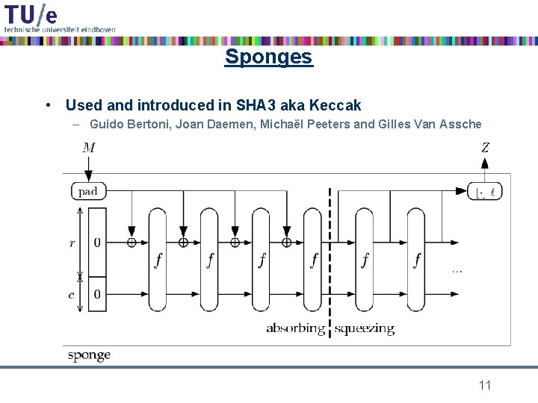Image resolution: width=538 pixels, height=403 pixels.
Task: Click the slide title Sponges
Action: tap(268, 57)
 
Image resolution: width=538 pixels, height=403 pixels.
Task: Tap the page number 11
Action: tap(484, 385)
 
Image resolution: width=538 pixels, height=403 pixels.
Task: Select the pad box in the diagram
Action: tap(88, 191)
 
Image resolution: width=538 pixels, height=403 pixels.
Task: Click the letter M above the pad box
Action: tap(89, 148)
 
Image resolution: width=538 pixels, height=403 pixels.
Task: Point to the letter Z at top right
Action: tap(485, 148)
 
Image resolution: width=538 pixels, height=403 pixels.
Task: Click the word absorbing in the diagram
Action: tap(295, 328)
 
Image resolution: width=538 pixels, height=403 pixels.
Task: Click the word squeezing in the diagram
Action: tap(364, 328)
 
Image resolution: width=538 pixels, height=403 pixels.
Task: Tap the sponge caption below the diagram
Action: tap(89, 355)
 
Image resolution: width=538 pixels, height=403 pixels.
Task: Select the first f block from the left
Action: tap(158, 260)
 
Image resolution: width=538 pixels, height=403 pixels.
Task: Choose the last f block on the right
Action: tap(417, 260)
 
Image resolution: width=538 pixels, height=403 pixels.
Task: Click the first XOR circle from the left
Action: tap(132, 242)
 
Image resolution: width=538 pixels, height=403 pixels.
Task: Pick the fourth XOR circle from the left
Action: tap(286, 242)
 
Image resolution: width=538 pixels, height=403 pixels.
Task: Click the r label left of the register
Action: tap(72, 243)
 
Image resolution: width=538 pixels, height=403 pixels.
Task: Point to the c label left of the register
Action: tap(72, 295)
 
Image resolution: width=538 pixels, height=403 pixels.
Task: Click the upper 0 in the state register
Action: tap(97, 243)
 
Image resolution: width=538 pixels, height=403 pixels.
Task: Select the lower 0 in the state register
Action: tap(97, 295)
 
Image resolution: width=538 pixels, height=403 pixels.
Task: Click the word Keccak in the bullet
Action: tap(336, 105)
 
